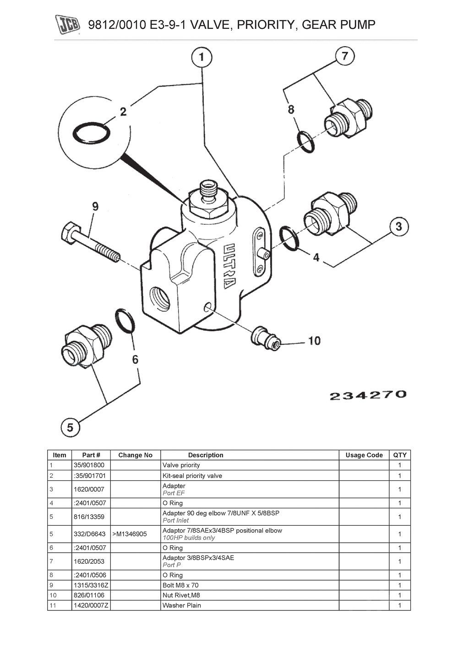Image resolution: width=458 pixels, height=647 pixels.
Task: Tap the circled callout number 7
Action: click(x=345, y=56)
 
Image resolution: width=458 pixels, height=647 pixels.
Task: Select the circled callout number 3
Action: click(x=398, y=226)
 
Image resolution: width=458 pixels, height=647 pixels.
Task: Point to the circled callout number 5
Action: click(x=70, y=427)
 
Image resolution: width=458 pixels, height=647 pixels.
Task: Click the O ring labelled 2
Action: click(x=92, y=133)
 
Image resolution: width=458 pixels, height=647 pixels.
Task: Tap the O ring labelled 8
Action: click(x=306, y=142)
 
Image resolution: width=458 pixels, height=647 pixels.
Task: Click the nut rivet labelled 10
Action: click(x=265, y=338)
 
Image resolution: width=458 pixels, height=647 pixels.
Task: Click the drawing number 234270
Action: click(x=368, y=395)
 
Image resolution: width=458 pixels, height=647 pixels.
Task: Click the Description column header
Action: click(x=206, y=455)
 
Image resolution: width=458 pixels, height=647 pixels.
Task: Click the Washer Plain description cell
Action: click(x=182, y=605)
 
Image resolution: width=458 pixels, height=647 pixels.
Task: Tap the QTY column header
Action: click(x=399, y=455)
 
